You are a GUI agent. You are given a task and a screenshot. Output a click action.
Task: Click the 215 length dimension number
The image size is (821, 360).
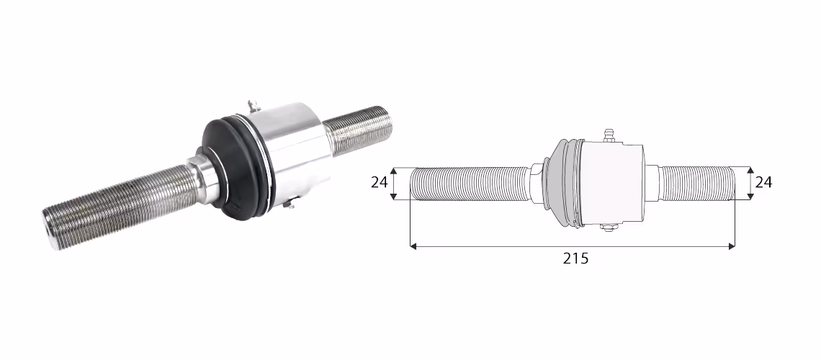click(575, 258)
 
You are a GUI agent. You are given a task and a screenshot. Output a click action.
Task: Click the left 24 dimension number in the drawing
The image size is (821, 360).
click(379, 182)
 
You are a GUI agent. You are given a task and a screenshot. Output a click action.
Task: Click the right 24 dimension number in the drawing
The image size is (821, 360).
click(763, 182)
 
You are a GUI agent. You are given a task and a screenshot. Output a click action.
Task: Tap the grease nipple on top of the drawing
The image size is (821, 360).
click(608, 135)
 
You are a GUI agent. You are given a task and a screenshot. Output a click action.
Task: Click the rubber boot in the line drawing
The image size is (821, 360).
click(563, 183)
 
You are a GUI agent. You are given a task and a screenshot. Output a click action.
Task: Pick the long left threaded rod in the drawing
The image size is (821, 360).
click(470, 184)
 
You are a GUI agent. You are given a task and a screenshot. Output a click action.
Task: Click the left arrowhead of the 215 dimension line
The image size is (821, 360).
click(413, 246)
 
